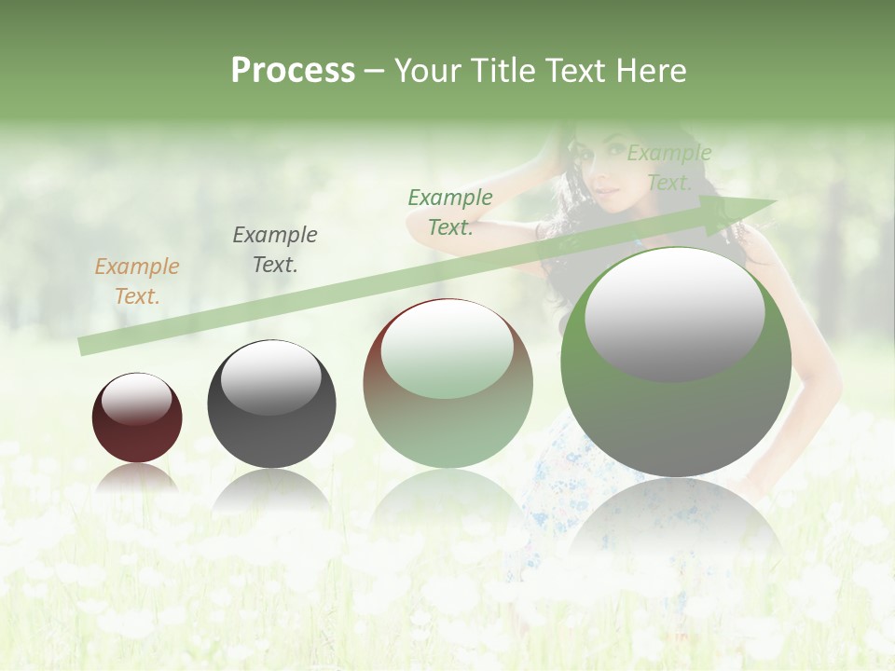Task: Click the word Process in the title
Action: (293, 71)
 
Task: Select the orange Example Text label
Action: (137, 281)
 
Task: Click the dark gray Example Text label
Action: (275, 250)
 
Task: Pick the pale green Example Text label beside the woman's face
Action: (668, 168)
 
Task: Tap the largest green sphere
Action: (676, 419)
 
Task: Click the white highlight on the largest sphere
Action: (675, 312)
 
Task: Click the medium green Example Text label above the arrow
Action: (450, 212)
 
